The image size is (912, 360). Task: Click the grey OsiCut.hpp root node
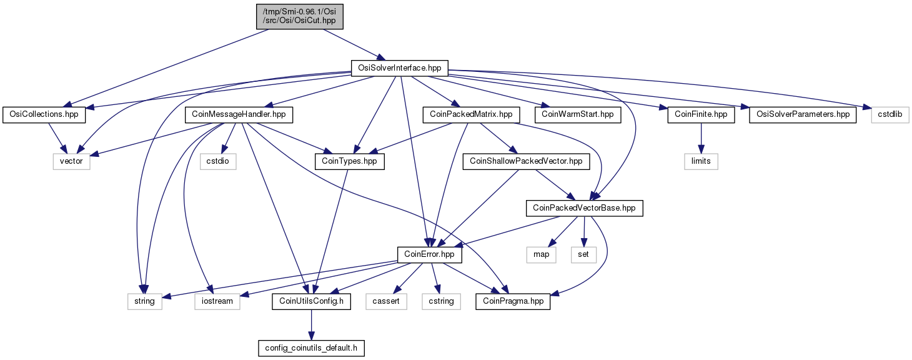(x=300, y=17)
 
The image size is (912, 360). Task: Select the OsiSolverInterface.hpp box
(x=399, y=68)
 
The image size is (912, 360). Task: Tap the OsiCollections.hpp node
(x=44, y=114)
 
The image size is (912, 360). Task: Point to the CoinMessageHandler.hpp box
(x=239, y=114)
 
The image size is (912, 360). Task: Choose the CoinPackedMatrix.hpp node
(x=471, y=114)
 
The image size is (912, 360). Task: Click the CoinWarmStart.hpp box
(x=577, y=114)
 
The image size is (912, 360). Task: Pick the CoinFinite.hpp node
(x=701, y=114)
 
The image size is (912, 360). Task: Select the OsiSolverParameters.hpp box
(x=803, y=114)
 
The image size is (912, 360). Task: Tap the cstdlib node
(x=890, y=114)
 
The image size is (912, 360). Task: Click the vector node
(x=71, y=161)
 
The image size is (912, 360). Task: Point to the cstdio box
(x=218, y=161)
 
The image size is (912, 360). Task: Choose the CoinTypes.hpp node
(x=349, y=161)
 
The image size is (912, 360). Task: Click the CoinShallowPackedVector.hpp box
(x=526, y=161)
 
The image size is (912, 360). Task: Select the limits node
(x=701, y=161)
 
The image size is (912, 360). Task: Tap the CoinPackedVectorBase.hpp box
(x=584, y=208)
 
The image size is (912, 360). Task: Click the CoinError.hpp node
(x=429, y=254)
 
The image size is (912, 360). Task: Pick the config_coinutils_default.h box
(x=311, y=348)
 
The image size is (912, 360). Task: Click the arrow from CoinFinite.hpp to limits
(x=701, y=138)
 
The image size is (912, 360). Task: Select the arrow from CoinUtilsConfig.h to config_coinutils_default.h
(x=311, y=325)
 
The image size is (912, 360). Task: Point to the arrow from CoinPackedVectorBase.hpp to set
(x=584, y=231)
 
